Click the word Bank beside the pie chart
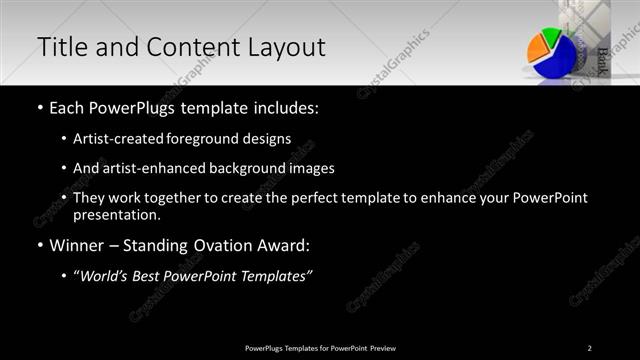pos(604,61)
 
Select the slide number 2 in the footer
pos(589,348)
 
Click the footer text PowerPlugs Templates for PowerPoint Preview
pos(320,348)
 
